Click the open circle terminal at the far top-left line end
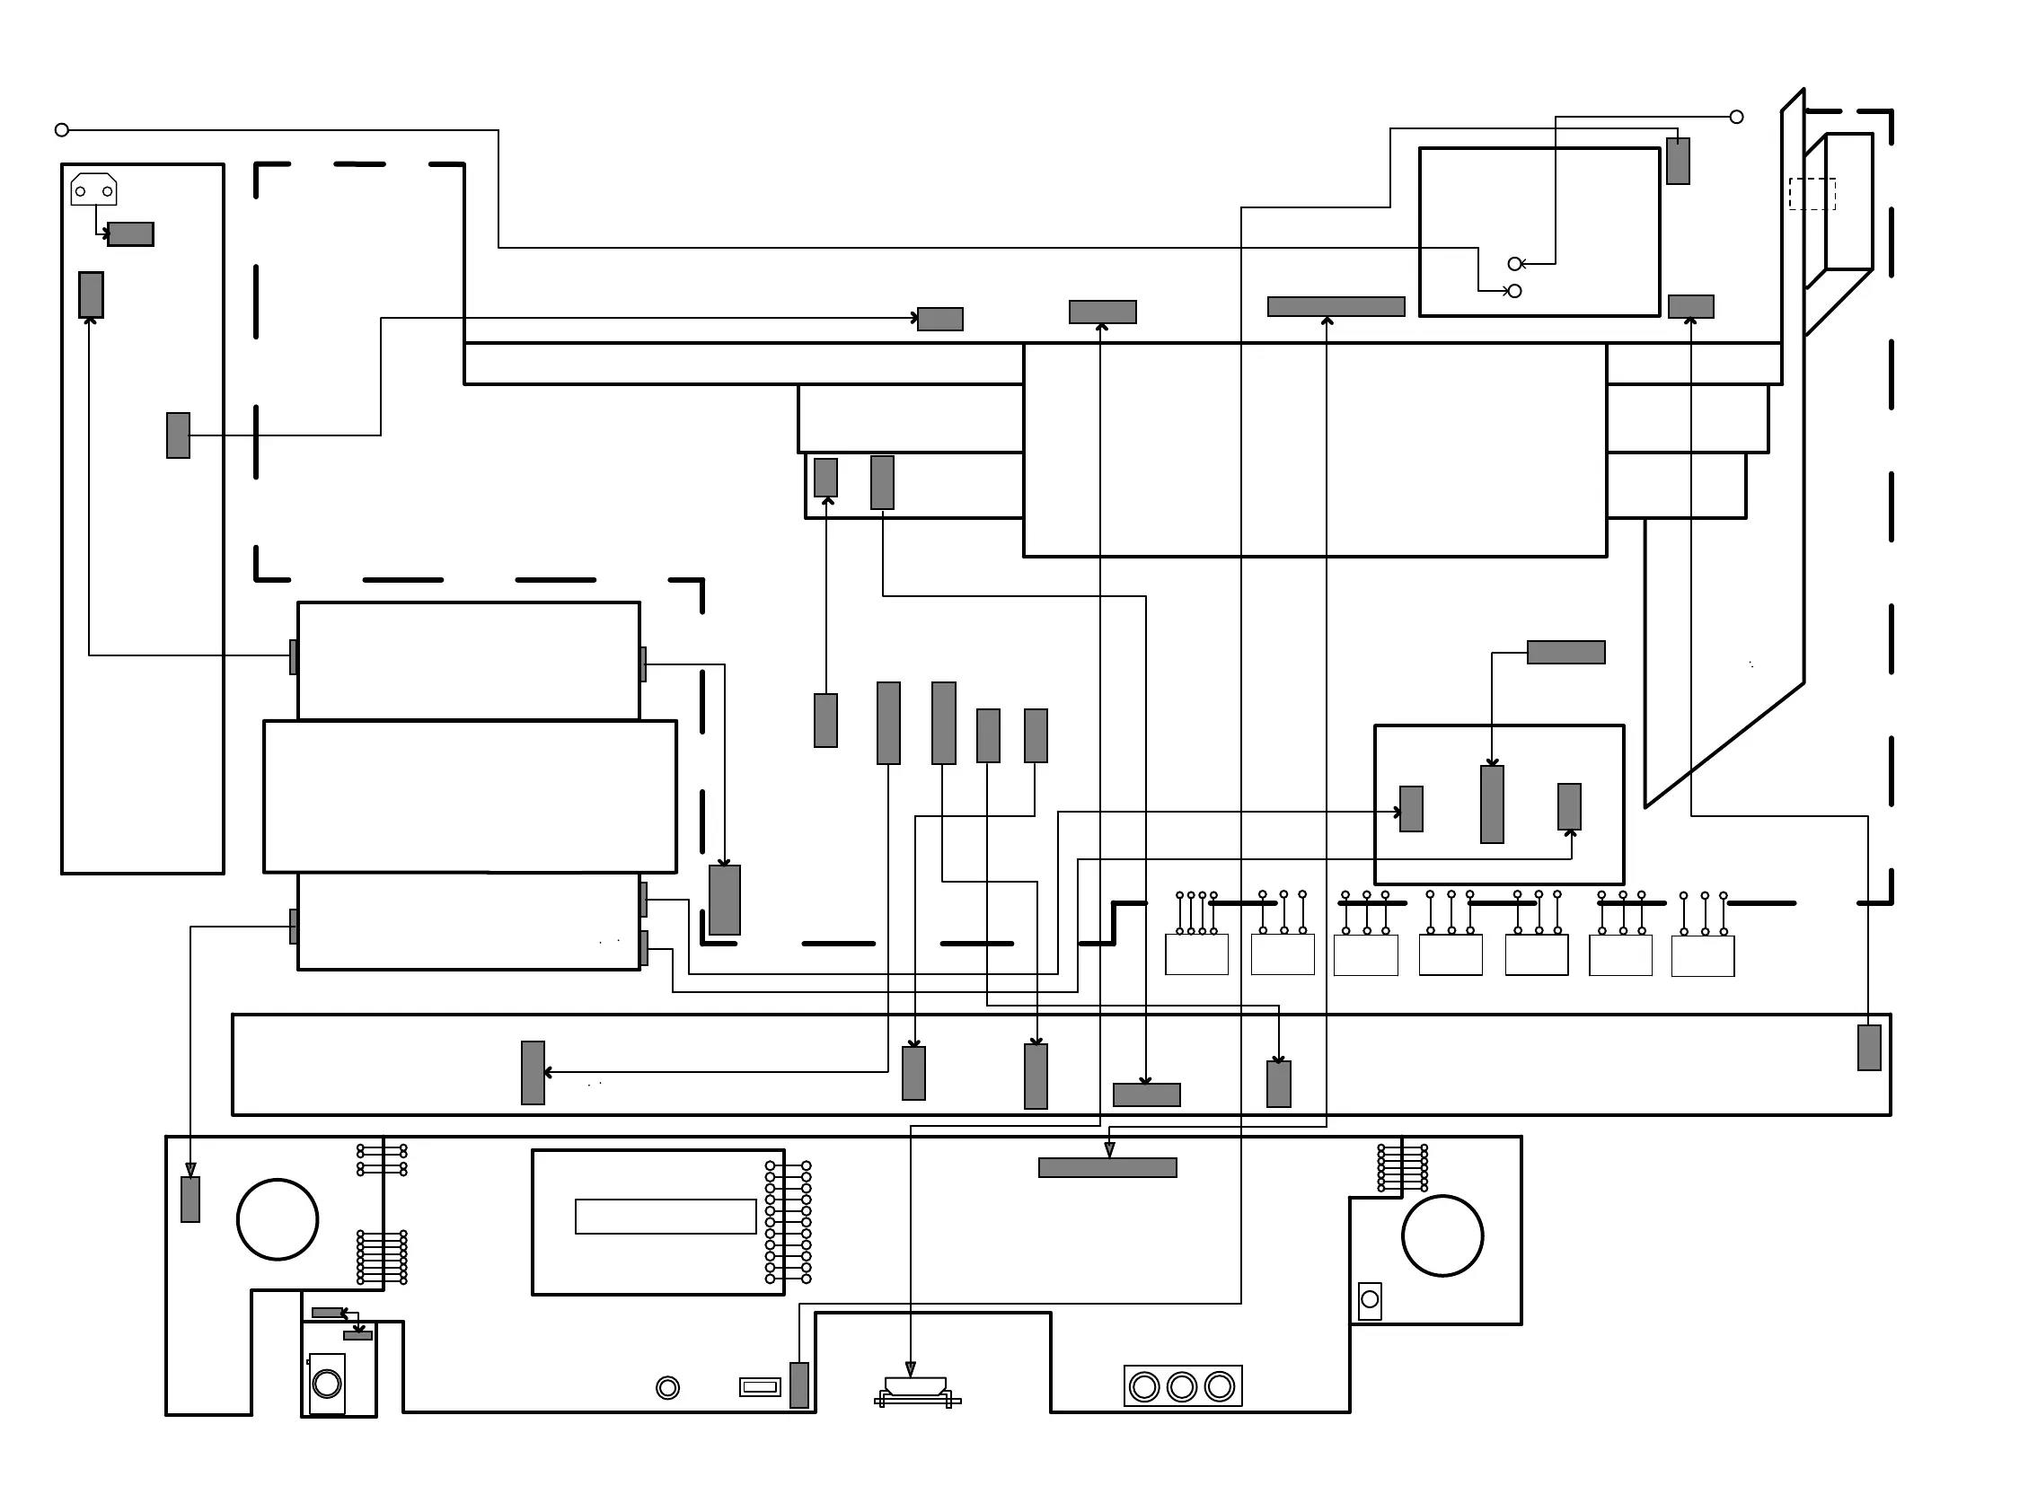61,130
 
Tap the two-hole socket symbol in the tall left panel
93,189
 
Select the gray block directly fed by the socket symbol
131,234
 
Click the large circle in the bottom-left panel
278,1219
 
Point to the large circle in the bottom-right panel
1442,1235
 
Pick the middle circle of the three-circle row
1182,1386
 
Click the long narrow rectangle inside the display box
666,1217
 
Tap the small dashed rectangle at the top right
1812,194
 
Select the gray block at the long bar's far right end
1868,1047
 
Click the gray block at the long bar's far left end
533,1073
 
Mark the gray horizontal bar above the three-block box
1565,652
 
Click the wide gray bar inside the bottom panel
1107,1167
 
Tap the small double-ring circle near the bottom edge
667,1387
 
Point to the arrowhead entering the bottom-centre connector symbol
910,1369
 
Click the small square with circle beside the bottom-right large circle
1370,1300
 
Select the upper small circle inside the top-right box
1514,264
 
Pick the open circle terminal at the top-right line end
1736,117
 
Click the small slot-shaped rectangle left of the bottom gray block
760,1386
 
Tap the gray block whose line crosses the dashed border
178,435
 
